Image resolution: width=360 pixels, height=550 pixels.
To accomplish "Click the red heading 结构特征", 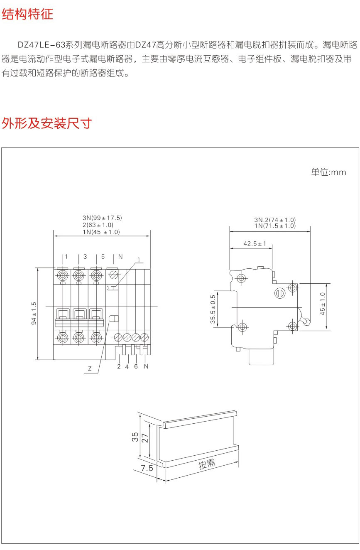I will [27, 14].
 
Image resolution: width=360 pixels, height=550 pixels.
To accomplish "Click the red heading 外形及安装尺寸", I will [47, 123].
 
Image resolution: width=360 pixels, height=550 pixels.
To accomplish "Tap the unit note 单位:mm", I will [328, 172].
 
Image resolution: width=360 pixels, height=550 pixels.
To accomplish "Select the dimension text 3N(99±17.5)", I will [102, 218].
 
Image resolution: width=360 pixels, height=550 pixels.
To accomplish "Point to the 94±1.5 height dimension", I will [34, 313].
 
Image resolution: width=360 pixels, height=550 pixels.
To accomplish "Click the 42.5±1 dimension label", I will [255, 244].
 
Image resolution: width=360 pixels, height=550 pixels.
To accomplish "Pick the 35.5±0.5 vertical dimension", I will [213, 309].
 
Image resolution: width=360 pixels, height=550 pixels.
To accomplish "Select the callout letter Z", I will [90, 368].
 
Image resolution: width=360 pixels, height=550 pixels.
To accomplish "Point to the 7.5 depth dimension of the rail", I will [147, 468].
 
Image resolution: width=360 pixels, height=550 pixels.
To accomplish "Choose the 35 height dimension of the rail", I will [135, 437].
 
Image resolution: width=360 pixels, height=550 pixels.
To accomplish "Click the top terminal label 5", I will [103, 256].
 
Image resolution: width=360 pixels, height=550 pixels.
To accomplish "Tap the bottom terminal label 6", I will [136, 366].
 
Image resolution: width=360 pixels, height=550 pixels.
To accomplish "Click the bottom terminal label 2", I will [119, 366].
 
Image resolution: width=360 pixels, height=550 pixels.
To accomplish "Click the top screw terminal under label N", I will [113, 275].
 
